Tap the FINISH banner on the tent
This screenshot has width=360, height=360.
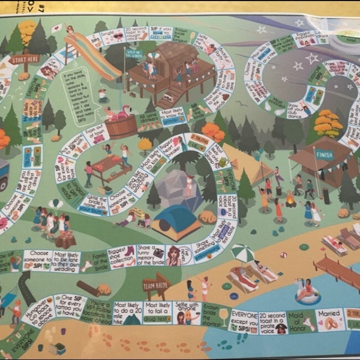coord(325,154)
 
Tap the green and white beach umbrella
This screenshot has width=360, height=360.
coord(242,251)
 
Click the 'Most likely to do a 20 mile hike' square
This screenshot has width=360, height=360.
coord(127,313)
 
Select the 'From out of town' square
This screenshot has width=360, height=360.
coord(95,133)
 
